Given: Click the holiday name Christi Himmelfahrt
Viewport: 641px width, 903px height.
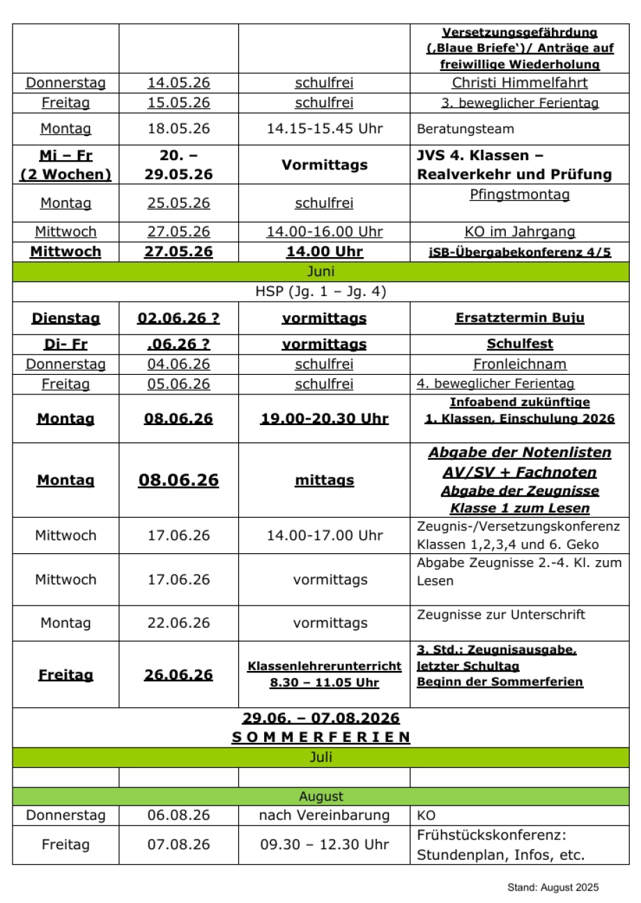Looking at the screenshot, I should tap(520, 83).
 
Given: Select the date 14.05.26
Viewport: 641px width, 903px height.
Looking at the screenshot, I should tap(178, 83).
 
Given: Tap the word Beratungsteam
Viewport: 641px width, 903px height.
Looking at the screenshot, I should tap(465, 129).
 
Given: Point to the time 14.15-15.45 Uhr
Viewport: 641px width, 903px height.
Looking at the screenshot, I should tap(324, 129).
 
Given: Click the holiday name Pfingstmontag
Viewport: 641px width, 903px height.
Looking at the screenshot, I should tap(520, 194).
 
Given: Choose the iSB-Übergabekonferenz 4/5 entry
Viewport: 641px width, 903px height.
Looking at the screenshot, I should tap(520, 252).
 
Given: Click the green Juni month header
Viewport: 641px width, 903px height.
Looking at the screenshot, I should tap(320, 271).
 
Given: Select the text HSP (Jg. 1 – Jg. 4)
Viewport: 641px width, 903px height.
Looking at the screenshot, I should tap(320, 292).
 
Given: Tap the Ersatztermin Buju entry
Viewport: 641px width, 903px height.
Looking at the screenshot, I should tap(520, 318).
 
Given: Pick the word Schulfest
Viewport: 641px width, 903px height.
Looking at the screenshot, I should tap(520, 344).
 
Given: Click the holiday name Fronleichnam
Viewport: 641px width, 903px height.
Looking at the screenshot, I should tap(520, 364).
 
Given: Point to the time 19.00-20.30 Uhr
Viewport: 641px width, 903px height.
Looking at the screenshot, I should tap(324, 419).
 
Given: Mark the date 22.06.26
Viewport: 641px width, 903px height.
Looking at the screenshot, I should tap(178, 623).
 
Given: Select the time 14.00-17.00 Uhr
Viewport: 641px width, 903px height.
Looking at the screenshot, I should tap(324, 536).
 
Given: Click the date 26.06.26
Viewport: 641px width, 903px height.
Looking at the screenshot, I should tap(178, 675).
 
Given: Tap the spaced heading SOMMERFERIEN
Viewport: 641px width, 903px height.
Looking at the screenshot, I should tap(320, 737).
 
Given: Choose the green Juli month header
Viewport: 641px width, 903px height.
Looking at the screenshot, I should tap(320, 758).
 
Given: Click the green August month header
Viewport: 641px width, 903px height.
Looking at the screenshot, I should tap(320, 796).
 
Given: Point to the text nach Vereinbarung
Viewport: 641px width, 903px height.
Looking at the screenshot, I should tap(324, 816).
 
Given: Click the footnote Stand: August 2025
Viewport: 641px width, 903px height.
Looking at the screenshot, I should tap(553, 888).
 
